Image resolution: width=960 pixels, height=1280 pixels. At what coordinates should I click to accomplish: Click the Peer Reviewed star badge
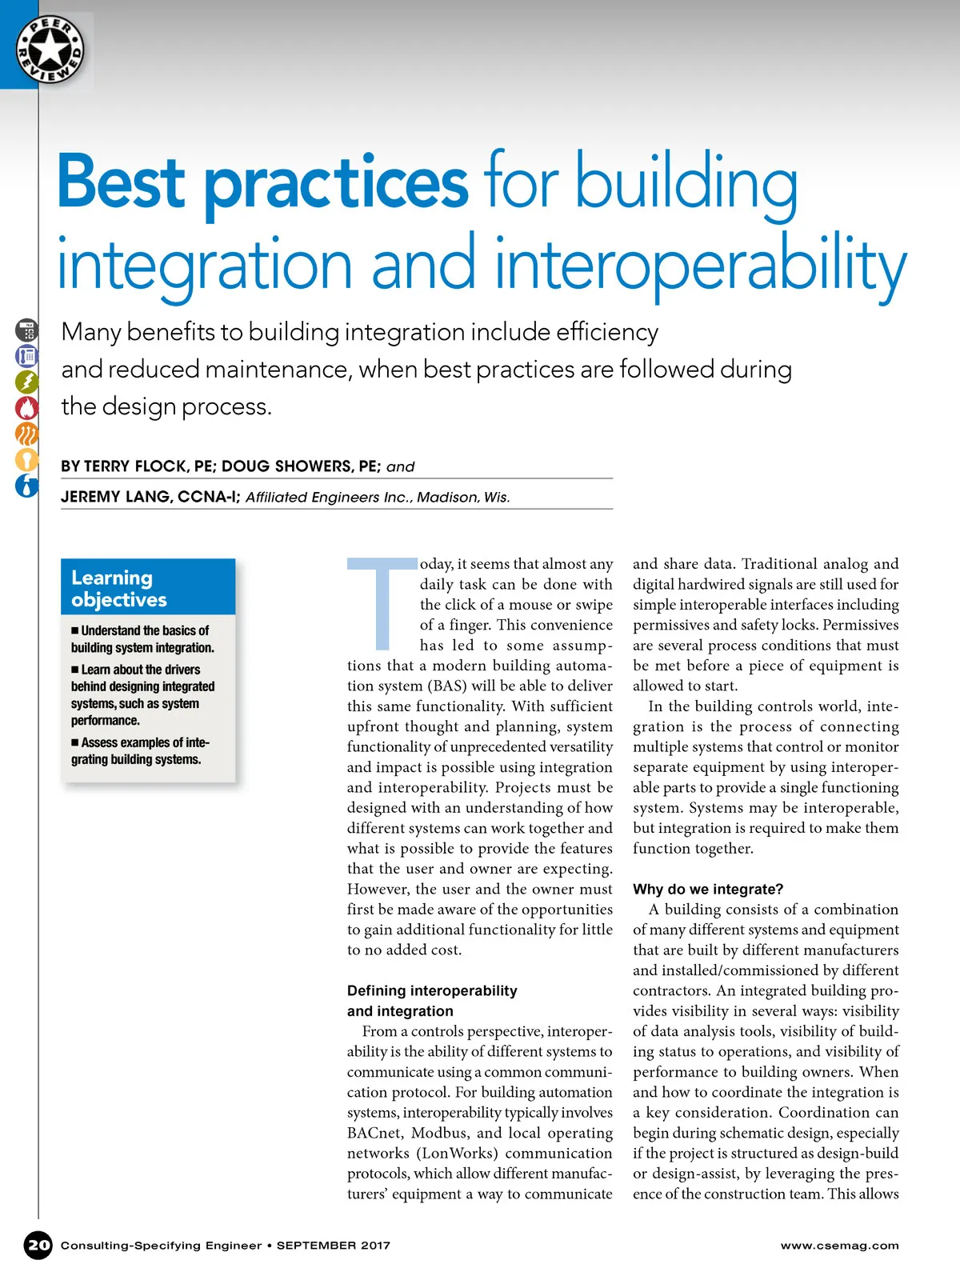point(50,50)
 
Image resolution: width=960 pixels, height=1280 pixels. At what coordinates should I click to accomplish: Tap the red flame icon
point(26,408)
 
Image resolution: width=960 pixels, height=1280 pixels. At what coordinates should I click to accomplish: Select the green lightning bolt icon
point(26,382)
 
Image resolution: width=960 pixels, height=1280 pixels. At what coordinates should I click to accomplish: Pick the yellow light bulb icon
point(26,460)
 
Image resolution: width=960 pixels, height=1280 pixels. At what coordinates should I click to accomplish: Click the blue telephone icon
point(26,355)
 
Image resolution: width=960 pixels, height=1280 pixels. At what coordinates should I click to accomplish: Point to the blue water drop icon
point(26,486)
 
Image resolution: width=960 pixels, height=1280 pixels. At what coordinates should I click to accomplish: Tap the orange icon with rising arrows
point(26,434)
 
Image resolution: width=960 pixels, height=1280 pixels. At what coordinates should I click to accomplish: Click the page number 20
point(38,1245)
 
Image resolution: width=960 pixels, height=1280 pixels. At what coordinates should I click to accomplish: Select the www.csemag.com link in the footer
point(839,1246)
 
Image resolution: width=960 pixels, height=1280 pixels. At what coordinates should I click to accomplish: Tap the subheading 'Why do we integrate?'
point(708,889)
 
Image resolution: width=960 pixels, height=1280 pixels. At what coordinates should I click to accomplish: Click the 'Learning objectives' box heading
point(120,588)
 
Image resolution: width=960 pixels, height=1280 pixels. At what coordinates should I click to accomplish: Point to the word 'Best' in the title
point(122,182)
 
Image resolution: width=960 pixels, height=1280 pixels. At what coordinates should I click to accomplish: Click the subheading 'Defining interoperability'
point(432,990)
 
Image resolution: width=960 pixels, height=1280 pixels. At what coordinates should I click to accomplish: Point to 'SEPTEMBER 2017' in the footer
point(334,1246)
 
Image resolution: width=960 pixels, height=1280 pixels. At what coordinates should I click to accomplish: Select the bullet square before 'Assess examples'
point(75,743)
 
